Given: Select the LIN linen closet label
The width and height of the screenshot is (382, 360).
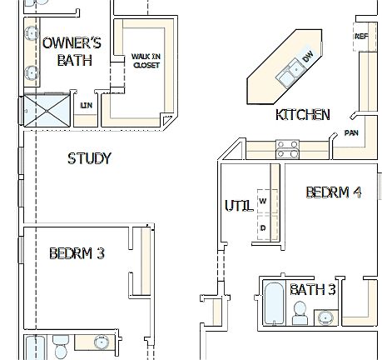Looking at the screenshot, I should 85,105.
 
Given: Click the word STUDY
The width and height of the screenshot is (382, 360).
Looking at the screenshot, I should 89,157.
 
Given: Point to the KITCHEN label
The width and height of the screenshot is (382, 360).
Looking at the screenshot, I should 302,114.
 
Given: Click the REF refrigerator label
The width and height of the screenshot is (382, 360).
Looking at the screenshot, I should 361,37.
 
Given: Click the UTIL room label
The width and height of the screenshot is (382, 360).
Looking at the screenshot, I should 236,204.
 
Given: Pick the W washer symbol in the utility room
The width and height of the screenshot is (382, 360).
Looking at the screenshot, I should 263,201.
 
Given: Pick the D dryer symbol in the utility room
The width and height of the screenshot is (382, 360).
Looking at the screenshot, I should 263,227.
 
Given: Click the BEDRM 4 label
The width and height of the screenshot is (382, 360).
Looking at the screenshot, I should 333,192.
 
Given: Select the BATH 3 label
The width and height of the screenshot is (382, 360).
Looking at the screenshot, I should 312,290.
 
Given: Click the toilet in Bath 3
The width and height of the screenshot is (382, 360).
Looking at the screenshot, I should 300,312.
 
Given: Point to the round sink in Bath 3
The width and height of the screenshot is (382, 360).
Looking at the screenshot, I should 325,316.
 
